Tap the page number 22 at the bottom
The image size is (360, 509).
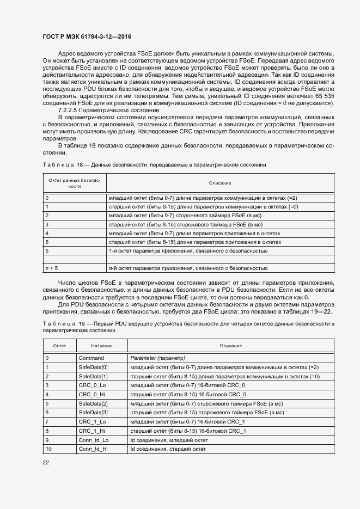tap(46, 462)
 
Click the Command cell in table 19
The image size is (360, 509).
tap(91, 358)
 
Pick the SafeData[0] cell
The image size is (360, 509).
tap(94, 367)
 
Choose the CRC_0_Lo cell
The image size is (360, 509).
tap(93, 385)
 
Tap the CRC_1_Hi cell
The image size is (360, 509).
tap(92, 430)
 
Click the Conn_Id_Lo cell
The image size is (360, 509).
tap(94, 439)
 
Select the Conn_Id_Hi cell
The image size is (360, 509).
tap(94, 449)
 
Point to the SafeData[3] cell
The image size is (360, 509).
tap(94, 413)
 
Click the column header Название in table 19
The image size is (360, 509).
tap(102, 346)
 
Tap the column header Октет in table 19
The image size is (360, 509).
tap(59, 346)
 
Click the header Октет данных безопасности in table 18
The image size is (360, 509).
tap(75, 182)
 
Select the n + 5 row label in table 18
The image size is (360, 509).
tap(52, 268)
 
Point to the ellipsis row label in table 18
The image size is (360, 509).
tap(48, 260)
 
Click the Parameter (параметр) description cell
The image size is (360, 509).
tap(158, 358)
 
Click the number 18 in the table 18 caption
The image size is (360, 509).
tap(80, 164)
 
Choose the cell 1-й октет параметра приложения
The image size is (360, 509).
tap(188, 250)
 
